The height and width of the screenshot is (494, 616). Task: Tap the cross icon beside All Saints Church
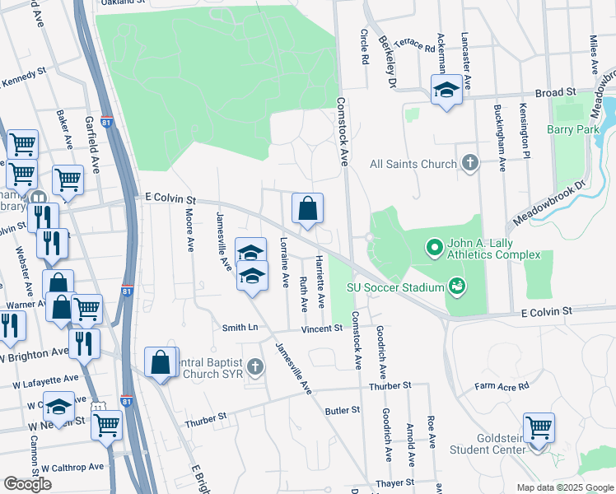coord(469,163)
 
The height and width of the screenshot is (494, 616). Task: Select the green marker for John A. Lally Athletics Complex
coord(433,246)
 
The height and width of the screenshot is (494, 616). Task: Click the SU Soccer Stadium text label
coord(394,287)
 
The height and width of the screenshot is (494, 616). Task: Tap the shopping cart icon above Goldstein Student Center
coord(539,427)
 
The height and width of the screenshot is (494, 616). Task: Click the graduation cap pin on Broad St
coord(446,90)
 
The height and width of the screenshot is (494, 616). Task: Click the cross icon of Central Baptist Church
coord(256,366)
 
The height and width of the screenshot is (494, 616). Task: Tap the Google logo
coord(27,484)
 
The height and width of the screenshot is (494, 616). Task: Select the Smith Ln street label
coord(240,328)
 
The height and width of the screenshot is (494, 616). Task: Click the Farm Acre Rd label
coord(501,385)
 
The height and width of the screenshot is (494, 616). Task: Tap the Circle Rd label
coord(363,49)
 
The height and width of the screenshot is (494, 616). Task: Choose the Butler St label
coord(343,409)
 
